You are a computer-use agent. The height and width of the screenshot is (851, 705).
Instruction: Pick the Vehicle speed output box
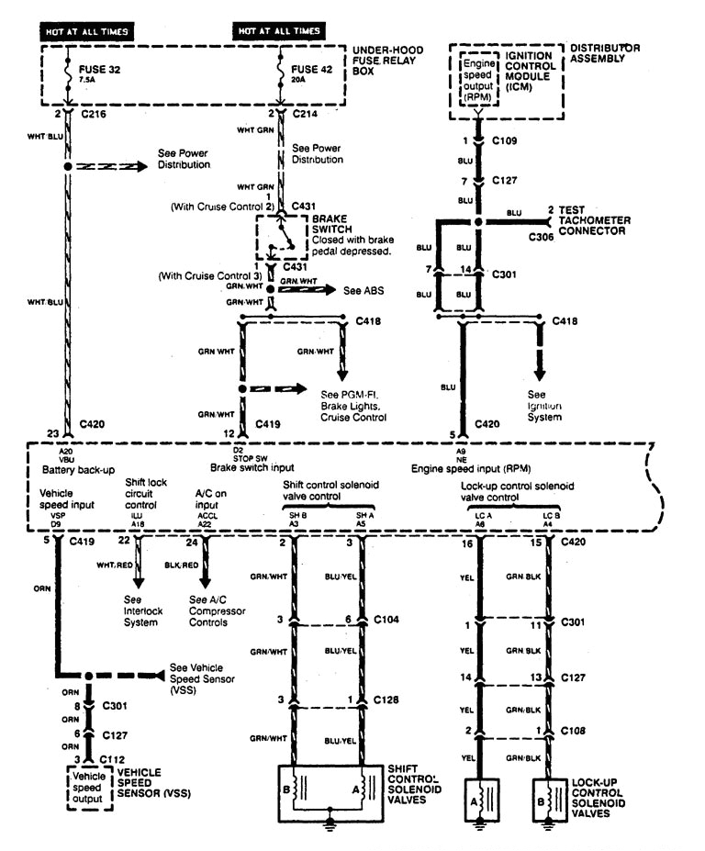coord(89,789)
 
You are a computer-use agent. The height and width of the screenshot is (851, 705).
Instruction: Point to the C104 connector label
coord(386,620)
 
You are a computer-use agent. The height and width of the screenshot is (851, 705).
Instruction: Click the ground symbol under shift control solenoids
coord(328,825)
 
